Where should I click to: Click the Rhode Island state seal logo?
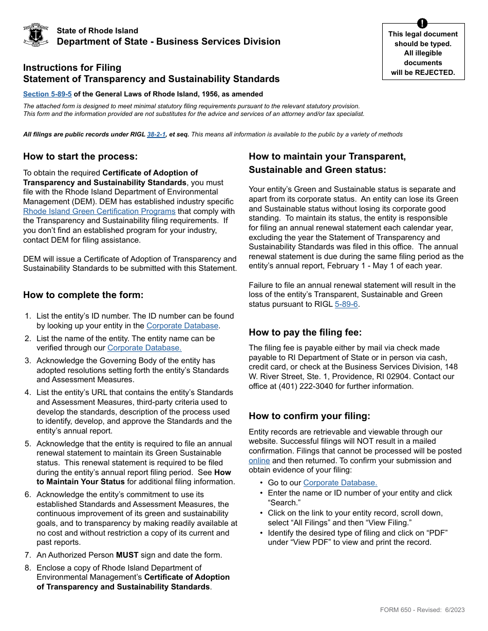(36, 35)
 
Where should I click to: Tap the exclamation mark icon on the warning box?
(422, 23)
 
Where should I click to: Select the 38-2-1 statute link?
(156, 134)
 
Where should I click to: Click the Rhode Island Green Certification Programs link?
(99, 211)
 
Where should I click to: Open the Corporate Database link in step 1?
(182, 325)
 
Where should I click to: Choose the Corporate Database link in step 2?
(144, 348)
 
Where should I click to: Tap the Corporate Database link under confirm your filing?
(340, 483)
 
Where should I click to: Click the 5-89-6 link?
(347, 304)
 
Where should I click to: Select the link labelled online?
(259, 461)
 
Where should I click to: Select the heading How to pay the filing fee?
(305, 332)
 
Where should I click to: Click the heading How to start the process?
(80, 156)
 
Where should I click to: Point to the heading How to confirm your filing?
(309, 416)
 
